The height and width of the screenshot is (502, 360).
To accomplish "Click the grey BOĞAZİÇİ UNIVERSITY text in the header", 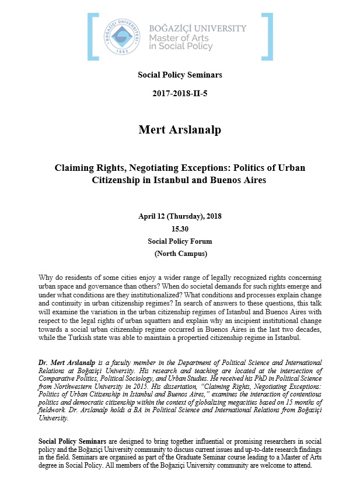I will point(198,28).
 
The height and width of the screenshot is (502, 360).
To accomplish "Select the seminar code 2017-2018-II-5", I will point(180,93).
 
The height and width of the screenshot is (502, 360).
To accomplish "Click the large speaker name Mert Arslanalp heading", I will point(180,129).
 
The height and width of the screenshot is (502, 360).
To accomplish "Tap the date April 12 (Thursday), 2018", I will point(180,216).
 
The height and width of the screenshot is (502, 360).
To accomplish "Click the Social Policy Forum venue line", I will point(180,241).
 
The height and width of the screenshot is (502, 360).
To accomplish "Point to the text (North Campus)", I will point(180,254).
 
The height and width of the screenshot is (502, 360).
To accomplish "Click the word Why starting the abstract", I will point(46,278).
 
